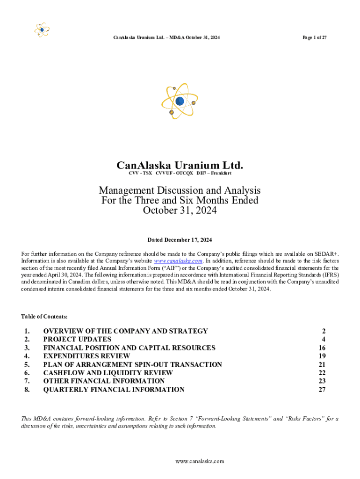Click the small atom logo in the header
42,30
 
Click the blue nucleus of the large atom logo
180,101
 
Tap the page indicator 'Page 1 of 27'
314,37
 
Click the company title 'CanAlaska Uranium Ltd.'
180,165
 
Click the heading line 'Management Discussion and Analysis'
180,190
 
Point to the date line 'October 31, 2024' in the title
180,210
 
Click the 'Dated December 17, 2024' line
180,240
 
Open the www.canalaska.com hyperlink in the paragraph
178,261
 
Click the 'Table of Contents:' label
44,317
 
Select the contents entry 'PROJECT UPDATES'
77,339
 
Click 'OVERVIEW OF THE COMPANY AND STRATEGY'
125,331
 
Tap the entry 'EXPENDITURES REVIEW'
86,356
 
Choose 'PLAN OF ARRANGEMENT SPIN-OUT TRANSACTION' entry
132,364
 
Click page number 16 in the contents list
322,348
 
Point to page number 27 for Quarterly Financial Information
322,389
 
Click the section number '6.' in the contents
27,373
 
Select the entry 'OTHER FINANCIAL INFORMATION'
104,381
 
